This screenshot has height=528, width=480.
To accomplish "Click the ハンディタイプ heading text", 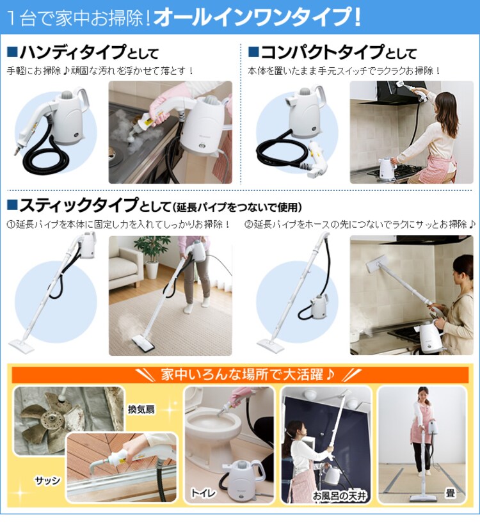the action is [x=73, y=52].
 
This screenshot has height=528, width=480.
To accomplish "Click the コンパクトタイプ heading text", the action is [x=323, y=52].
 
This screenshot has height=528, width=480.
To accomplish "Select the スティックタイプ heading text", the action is [x=79, y=205].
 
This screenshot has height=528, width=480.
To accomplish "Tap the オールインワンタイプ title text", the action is [x=257, y=17].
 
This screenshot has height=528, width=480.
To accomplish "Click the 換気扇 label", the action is [x=141, y=409].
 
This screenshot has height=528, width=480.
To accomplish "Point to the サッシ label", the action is [x=47, y=481].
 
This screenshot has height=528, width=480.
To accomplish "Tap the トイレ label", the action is [x=203, y=493].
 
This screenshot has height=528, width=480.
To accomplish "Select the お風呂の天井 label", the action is [x=340, y=495].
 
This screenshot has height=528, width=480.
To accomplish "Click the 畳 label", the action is [x=451, y=493].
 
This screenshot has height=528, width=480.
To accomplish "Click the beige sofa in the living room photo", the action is [x=125, y=267].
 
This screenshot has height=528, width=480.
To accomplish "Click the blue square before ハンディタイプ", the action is [x=12, y=52].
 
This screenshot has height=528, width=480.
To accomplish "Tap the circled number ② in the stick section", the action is [x=249, y=224].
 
